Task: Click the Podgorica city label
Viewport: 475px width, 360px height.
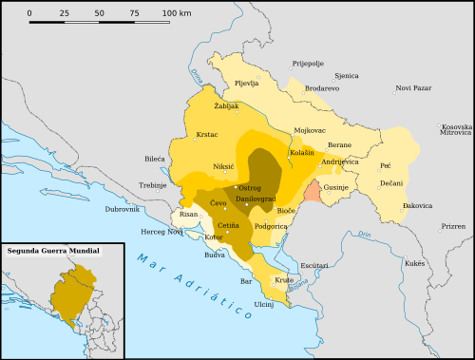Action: point(271,226)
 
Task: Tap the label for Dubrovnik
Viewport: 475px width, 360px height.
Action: point(123,208)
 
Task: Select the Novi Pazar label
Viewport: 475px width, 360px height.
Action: point(413,88)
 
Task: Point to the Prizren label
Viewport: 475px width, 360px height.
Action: point(454,227)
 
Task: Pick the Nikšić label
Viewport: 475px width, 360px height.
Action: point(223,166)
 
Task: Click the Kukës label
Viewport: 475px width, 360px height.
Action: point(415,262)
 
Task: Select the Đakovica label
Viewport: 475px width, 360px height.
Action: point(418,205)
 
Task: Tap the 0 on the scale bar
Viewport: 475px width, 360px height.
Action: point(29,13)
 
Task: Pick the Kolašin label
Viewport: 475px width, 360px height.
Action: point(302,152)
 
